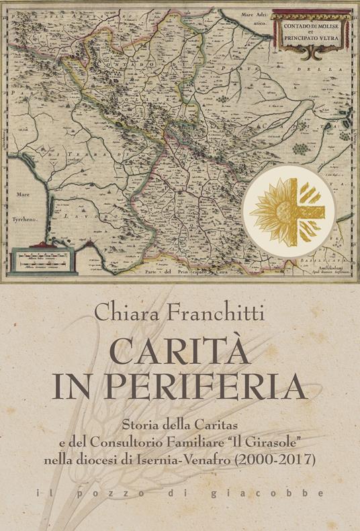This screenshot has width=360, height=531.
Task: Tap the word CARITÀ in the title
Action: pyautogui.click(x=179, y=352)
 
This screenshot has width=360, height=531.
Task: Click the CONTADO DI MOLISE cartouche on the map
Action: pyautogui.click(x=312, y=35)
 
